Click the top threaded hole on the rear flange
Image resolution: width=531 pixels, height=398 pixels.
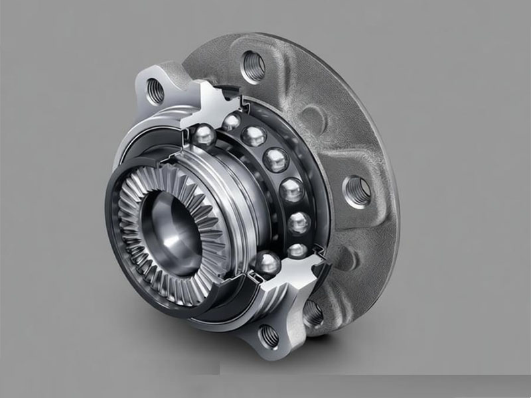coord(254,67)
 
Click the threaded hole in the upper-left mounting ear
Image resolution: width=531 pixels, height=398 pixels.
coord(155,91)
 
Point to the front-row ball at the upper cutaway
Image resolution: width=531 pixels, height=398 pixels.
coord(204,135)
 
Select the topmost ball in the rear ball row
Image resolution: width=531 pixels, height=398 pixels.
coord(231,122)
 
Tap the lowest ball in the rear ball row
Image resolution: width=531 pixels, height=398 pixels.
coord(298,251)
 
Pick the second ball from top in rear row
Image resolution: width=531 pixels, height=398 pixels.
coord(254,137)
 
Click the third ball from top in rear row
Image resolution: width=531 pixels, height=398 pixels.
coord(273,160)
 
